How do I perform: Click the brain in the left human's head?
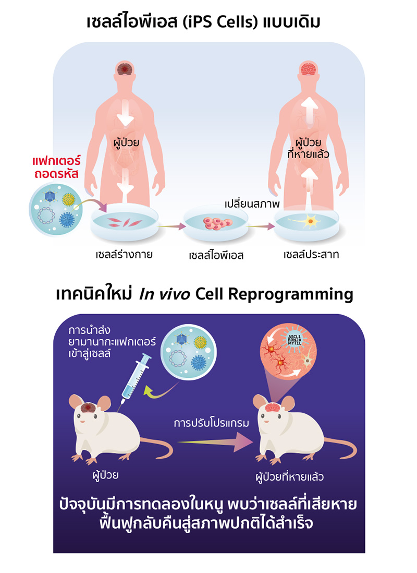[125, 68]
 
